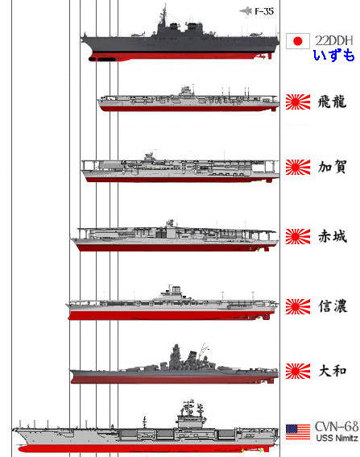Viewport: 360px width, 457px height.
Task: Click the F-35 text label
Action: click(264, 11)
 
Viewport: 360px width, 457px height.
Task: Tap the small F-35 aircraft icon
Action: click(246, 11)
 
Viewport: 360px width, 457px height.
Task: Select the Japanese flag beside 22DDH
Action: click(298, 41)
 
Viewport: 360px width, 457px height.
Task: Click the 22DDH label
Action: click(334, 40)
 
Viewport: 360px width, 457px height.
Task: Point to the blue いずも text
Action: click(333, 55)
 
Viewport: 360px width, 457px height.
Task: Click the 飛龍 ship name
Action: click(332, 102)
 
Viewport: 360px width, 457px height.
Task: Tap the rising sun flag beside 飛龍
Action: click(298, 102)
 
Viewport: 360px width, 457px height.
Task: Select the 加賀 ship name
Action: click(332, 167)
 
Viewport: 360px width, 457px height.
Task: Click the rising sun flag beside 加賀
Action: click(298, 168)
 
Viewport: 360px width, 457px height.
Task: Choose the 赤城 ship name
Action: click(333, 236)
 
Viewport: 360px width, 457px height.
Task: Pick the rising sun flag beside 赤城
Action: click(298, 236)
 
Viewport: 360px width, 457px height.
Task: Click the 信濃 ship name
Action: click(333, 306)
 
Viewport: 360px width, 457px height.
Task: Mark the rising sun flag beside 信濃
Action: click(298, 306)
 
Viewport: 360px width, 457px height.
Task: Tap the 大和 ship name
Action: click(333, 371)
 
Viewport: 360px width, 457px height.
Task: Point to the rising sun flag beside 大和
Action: click(298, 371)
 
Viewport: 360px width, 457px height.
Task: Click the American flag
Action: click(298, 432)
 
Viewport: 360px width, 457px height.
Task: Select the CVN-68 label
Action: click(337, 427)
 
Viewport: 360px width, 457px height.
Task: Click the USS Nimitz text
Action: click(337, 438)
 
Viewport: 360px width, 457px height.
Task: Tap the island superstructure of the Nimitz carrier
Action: click(192, 413)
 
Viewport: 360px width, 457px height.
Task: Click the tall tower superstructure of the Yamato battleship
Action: click(176, 357)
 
